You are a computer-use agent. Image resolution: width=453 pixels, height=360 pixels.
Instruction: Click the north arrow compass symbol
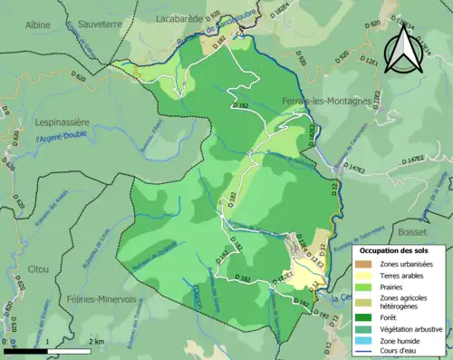(x=403, y=46)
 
